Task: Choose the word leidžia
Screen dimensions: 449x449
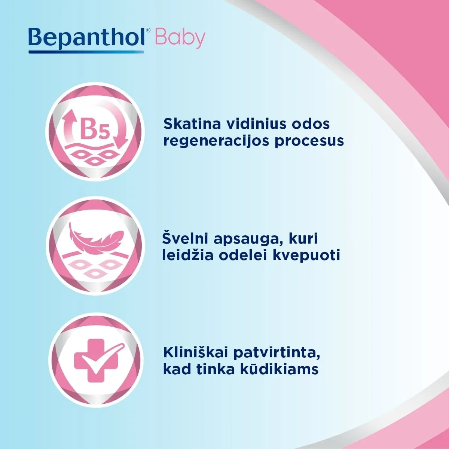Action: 187,255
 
